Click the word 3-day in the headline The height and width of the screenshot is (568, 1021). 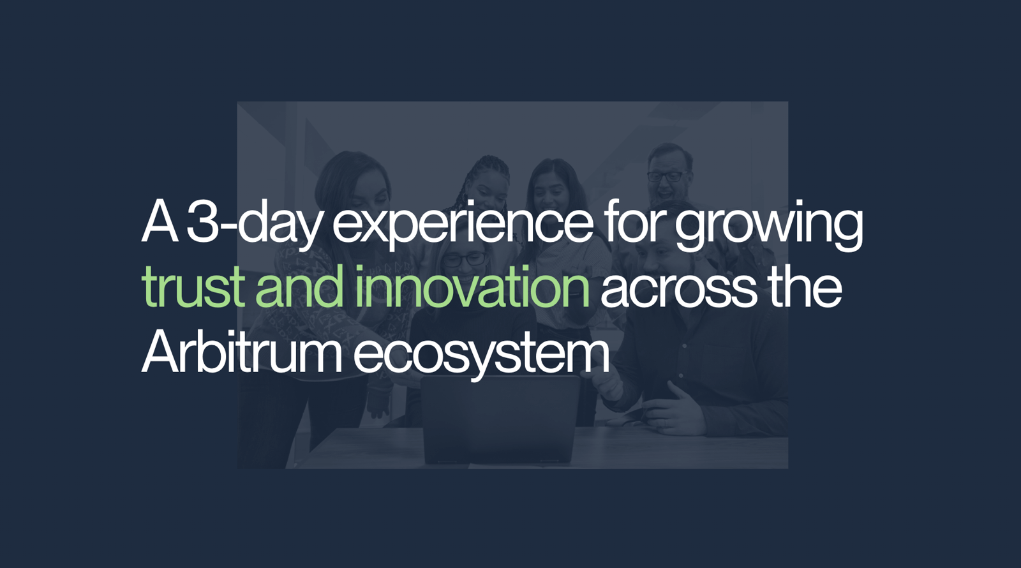click(253, 223)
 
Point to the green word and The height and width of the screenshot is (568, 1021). click(299, 286)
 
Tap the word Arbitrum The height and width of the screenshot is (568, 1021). click(241, 351)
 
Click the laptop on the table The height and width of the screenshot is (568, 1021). click(500, 419)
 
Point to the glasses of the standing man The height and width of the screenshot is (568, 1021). click(667, 176)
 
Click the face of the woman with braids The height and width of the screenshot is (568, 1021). click(488, 189)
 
